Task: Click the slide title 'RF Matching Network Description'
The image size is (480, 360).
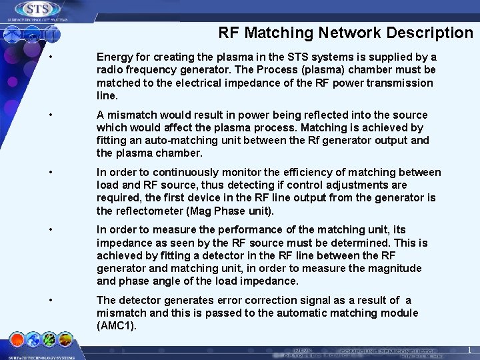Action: [345, 33]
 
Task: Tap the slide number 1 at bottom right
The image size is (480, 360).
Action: [469, 350]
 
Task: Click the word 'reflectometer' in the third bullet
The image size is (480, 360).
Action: [149, 211]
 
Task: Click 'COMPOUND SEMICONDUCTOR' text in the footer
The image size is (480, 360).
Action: [389, 350]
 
